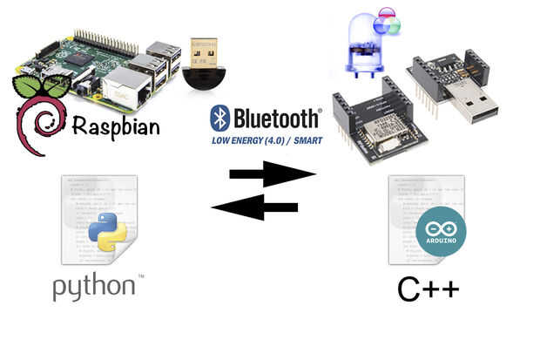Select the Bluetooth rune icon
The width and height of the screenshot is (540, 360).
pos(219,118)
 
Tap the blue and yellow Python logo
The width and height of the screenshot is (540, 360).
pos(107,232)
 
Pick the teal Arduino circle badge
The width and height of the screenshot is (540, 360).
pos(440,232)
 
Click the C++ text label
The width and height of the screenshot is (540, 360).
pos(429,289)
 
